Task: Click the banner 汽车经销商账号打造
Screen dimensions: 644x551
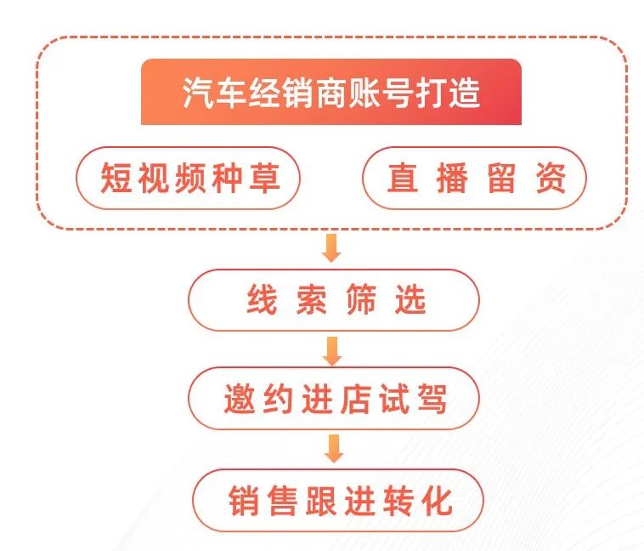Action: (331, 92)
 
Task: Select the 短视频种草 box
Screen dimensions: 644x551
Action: (188, 178)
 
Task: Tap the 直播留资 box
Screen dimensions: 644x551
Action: (474, 178)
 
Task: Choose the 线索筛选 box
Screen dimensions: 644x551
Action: (334, 300)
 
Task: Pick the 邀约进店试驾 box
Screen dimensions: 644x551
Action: (334, 398)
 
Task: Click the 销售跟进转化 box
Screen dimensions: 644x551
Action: (337, 500)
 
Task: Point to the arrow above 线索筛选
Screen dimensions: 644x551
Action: (331, 248)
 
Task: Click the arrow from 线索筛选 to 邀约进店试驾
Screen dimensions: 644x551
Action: (332, 350)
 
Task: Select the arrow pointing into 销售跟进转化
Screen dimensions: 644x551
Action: (334, 449)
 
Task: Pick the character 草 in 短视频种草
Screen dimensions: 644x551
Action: (264, 178)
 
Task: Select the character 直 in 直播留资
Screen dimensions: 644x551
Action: (403, 178)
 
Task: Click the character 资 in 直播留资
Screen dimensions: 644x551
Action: (551, 178)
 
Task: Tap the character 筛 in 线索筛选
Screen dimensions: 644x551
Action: (360, 299)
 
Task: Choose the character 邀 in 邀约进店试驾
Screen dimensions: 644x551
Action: (240, 398)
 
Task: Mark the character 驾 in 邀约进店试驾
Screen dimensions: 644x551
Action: (432, 398)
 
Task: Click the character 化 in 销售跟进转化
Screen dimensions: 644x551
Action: (438, 500)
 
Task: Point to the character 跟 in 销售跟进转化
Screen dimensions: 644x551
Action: (321, 500)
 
